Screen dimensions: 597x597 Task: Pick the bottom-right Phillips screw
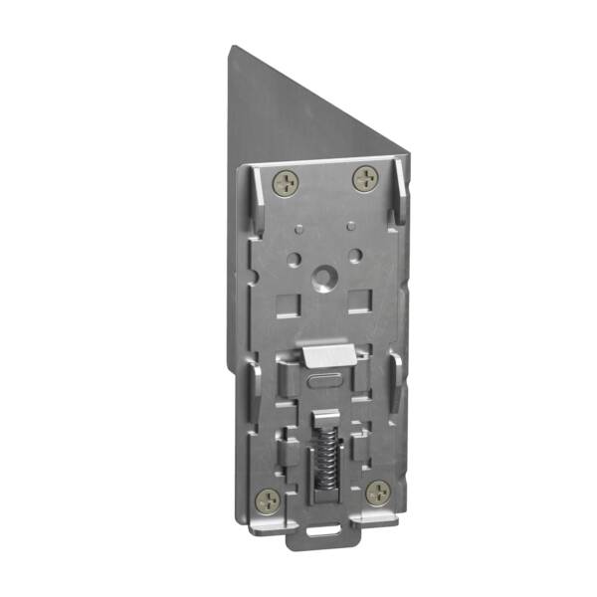(x=378, y=492)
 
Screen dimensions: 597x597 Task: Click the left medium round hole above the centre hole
(x=296, y=258)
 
